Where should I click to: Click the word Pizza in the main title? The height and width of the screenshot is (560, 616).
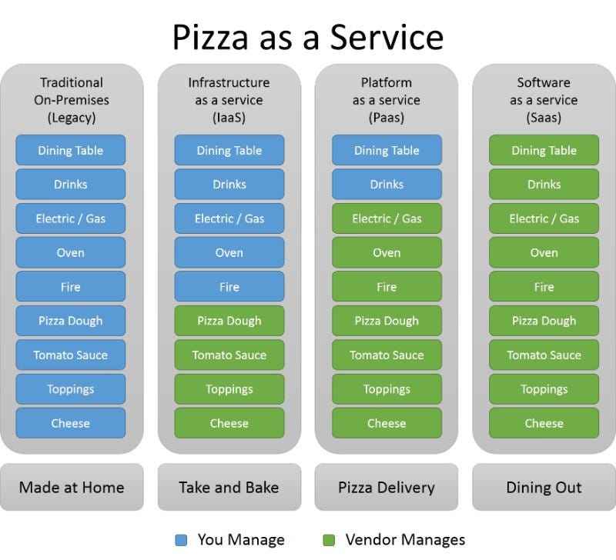pos(210,37)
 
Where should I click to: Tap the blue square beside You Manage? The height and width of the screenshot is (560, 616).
pos(181,540)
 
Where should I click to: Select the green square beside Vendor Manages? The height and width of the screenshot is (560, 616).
pos(329,540)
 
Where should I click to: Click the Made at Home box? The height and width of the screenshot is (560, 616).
pos(72,487)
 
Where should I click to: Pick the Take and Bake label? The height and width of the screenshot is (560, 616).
pos(229,488)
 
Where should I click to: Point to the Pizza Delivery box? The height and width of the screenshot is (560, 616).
pos(387,487)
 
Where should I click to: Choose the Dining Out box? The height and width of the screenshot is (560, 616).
pos(544,487)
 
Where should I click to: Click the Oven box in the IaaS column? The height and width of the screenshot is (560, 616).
pos(229,252)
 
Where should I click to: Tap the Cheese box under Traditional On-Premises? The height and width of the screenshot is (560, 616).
pos(71,423)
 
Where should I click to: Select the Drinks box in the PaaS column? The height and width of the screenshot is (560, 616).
pos(387,184)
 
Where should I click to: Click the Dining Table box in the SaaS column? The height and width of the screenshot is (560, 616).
pos(544,150)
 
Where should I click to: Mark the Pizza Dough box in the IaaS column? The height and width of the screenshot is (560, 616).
pos(229,321)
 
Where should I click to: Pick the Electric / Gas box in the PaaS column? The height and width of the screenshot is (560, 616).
pos(387,218)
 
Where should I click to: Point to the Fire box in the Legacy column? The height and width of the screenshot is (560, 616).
pos(71,286)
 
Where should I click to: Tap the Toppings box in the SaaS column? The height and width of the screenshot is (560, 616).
pos(544,389)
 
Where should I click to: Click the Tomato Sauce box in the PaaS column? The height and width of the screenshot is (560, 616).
pos(387,355)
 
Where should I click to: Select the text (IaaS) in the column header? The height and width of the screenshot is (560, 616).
pos(229,118)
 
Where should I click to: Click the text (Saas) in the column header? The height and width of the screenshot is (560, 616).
pos(544,118)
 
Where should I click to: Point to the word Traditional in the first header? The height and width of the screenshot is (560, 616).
pos(72,82)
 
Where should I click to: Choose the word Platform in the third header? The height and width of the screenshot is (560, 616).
pos(387,82)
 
